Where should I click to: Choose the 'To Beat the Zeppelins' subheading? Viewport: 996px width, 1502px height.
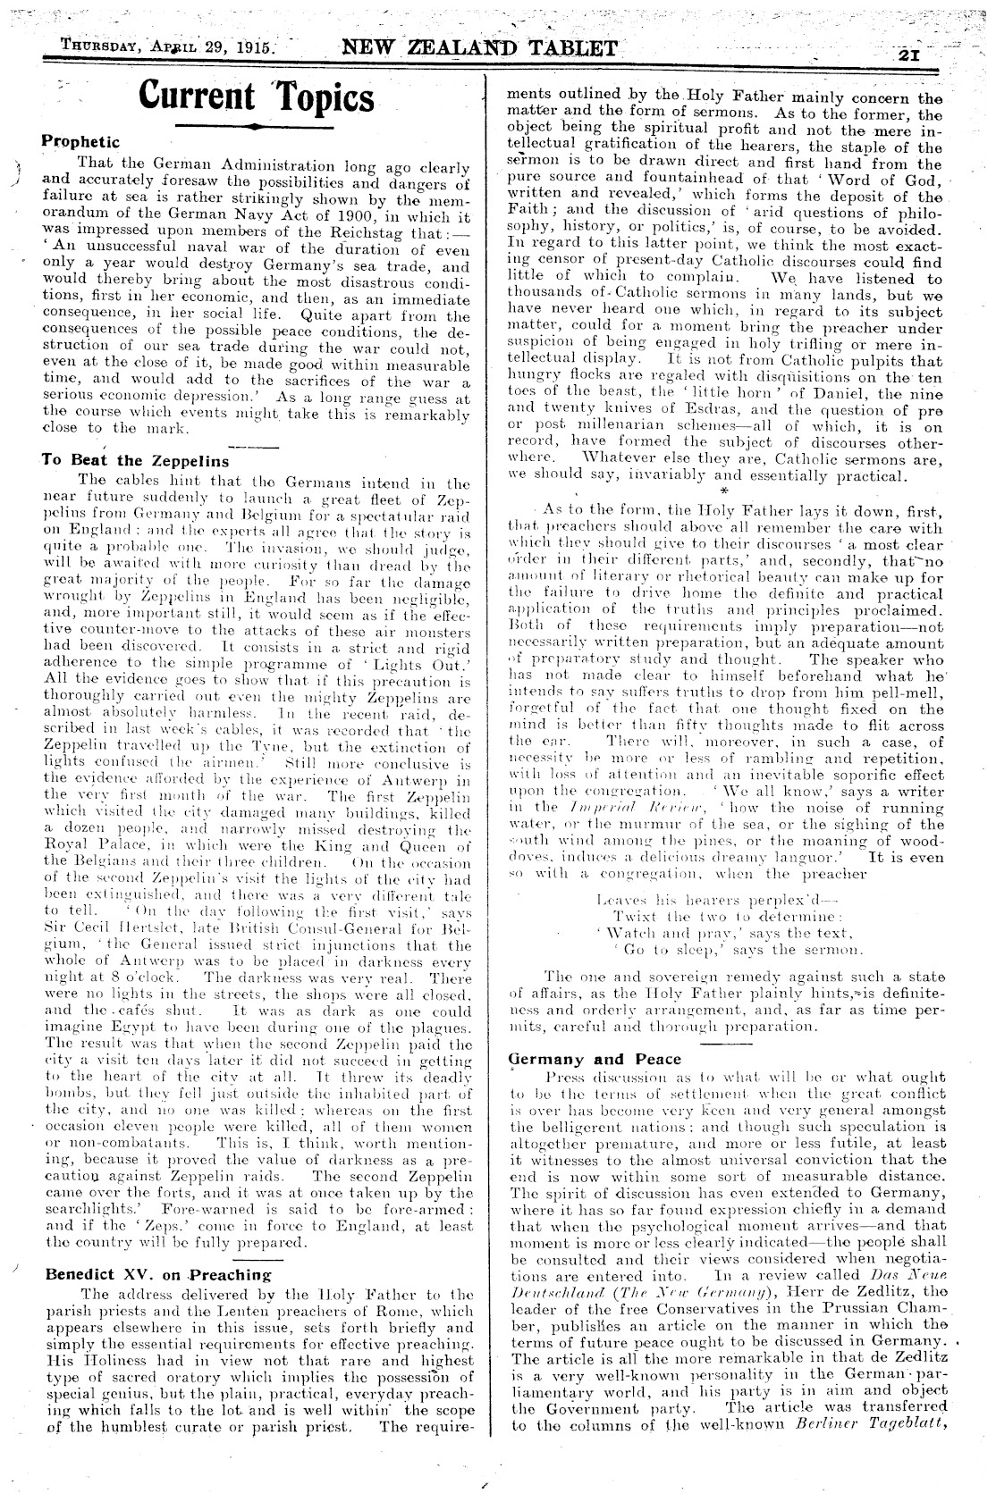[135, 461]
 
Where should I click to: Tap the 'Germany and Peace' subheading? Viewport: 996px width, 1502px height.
[595, 1060]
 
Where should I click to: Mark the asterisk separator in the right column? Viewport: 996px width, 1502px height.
[719, 491]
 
